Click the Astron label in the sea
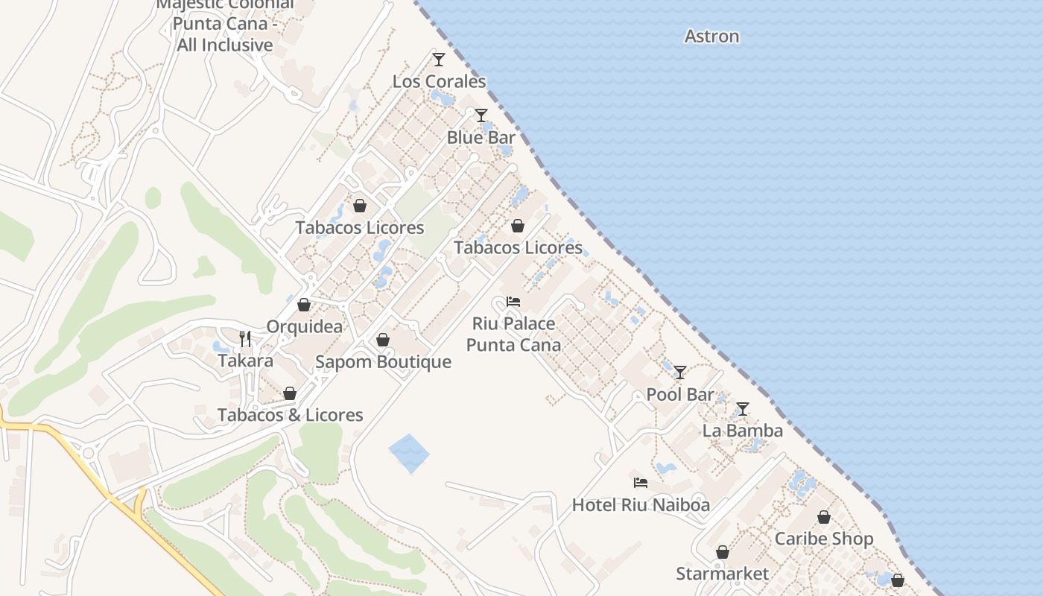pos(711,37)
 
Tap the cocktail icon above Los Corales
pos(439,60)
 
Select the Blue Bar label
pos(481,138)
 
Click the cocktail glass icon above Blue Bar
pos(481,115)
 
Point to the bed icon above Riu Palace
pos(513,302)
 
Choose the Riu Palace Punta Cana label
pos(513,335)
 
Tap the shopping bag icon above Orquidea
pos(304,305)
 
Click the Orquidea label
pos(305,327)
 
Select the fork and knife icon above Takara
pos(245,339)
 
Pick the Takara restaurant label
pos(245,361)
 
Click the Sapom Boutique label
pos(383,362)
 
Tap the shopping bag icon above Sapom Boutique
pos(383,340)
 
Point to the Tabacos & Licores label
pos(290,416)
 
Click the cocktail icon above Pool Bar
pos(679,372)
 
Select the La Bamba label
pos(742,431)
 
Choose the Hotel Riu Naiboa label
pos(640,505)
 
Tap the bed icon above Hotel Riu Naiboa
pos(640,483)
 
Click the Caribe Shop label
pos(823,539)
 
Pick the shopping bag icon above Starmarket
pos(722,552)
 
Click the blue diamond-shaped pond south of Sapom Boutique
pos(409,453)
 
